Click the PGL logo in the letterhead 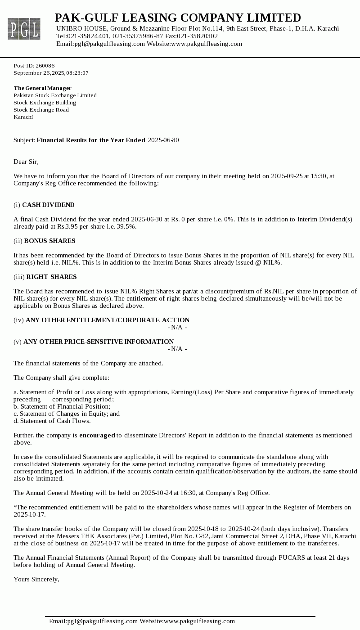point(24,29)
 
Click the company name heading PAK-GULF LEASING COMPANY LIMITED point(178,18)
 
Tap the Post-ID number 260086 point(45,66)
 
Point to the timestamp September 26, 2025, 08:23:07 point(51,73)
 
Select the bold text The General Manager point(42,88)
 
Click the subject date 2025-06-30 point(163,140)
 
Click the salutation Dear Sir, point(26,162)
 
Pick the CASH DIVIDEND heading point(48,205)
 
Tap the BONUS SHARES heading point(49,241)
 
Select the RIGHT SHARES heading point(51,277)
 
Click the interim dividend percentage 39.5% point(126,227)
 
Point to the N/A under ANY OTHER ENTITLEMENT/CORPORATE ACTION point(177,328)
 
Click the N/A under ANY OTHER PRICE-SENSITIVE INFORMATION point(177,349)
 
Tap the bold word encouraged point(97,436)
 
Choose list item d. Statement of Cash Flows point(52,421)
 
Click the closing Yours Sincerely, point(36,580)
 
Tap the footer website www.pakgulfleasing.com point(199,621)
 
